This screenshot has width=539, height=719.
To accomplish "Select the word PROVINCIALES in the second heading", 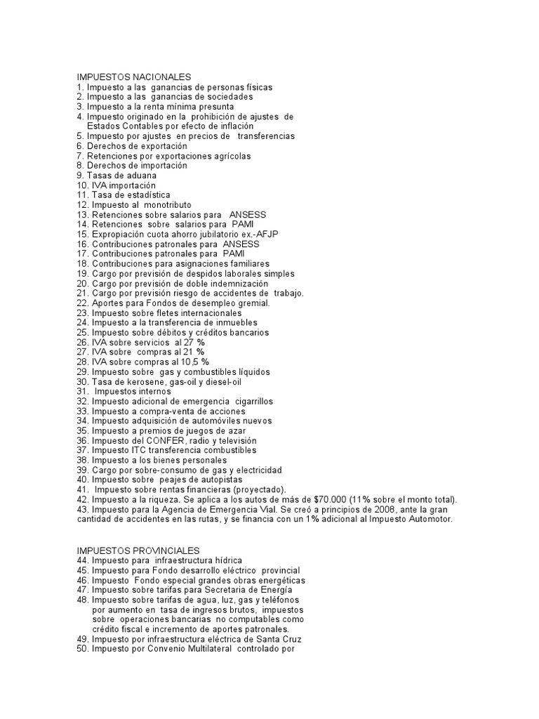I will (164, 550).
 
